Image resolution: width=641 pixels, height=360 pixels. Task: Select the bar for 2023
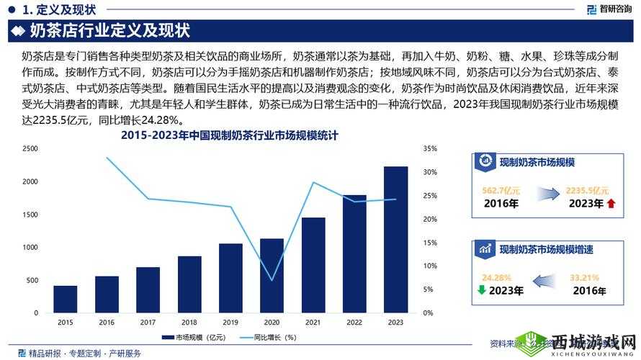pos(395,240)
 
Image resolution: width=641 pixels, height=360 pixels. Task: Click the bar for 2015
pos(65,300)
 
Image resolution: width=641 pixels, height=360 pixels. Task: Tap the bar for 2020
pos(272,276)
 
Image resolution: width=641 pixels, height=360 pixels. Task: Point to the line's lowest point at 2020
pos(272,280)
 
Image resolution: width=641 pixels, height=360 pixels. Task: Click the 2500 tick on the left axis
pos(30,148)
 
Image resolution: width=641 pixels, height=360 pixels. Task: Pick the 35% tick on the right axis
pos(430,148)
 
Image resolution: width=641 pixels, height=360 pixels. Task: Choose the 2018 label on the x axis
pos(189,322)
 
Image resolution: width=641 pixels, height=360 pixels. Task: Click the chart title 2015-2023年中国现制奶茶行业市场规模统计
pos(230,135)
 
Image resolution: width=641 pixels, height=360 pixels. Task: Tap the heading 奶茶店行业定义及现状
pos(109,32)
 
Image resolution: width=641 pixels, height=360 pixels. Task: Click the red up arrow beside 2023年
pos(611,204)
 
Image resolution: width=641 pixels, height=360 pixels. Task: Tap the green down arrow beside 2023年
pos(481,291)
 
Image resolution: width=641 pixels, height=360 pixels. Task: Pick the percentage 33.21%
pos(584,277)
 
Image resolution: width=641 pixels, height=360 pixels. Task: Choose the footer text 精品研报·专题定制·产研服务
pos(84,353)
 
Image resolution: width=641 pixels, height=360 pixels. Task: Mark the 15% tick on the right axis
pos(430,243)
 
